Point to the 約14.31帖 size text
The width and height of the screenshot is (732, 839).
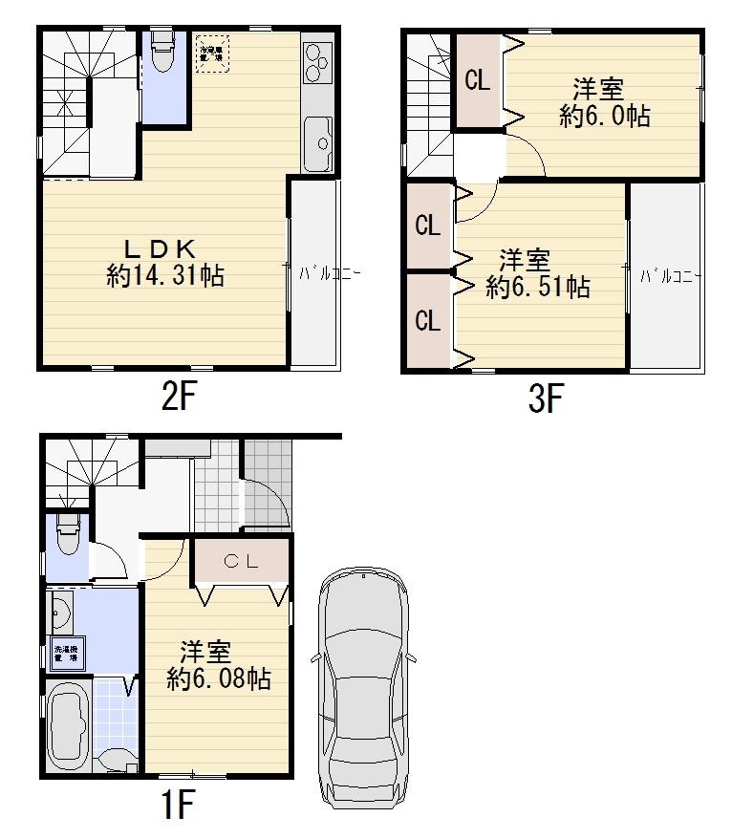[165, 277]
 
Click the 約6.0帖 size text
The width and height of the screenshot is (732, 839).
[605, 117]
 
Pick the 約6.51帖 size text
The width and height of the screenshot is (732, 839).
[536, 287]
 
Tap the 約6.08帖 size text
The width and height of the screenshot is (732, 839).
[218, 679]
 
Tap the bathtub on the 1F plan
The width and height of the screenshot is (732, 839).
[67, 727]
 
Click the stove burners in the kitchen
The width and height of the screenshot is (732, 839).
[316, 64]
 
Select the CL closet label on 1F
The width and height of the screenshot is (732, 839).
[241, 562]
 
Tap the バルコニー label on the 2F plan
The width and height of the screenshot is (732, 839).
[330, 272]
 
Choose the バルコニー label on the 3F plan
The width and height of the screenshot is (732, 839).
[671, 276]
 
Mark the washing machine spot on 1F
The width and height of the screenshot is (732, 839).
[66, 655]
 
